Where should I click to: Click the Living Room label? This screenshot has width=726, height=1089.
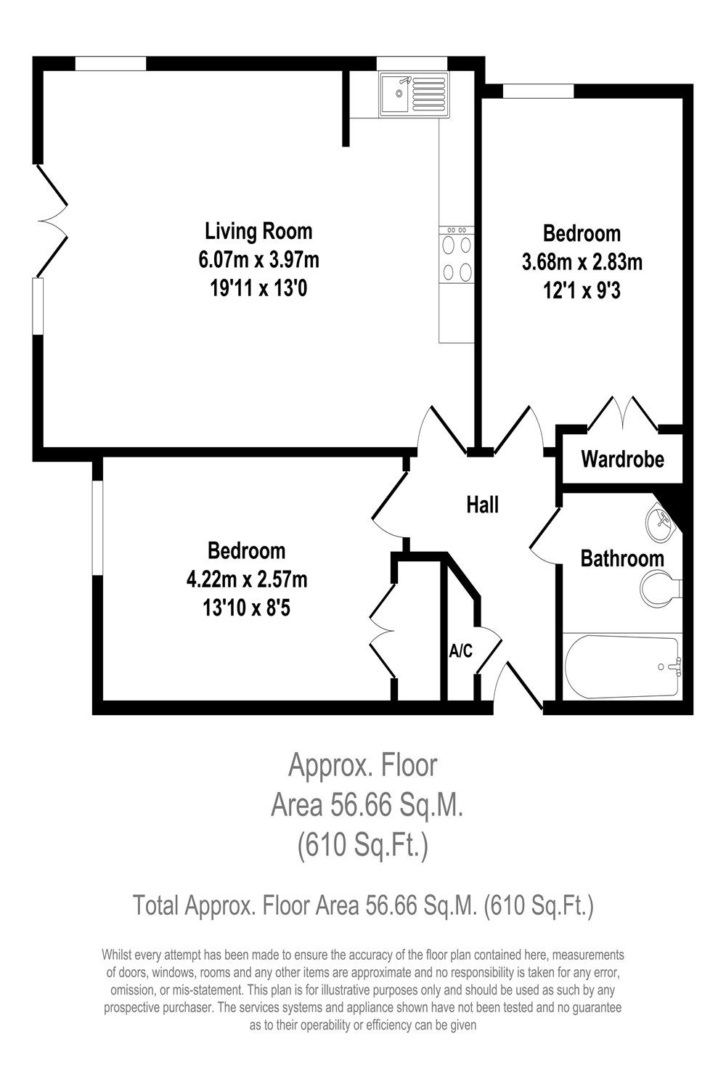click(258, 231)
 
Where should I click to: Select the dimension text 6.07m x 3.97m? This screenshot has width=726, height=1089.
click(258, 259)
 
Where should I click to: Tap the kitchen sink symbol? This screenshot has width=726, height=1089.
click(413, 94)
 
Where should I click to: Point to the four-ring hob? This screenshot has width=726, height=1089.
click(457, 254)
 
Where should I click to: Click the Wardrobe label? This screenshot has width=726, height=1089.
click(622, 460)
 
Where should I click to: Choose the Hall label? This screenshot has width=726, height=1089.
click(482, 504)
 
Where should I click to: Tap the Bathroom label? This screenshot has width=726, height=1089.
click(622, 558)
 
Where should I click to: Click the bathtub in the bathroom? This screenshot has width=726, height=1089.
click(622, 666)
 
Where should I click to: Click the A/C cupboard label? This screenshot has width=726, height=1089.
click(460, 651)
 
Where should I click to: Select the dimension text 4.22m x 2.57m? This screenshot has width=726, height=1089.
click(247, 579)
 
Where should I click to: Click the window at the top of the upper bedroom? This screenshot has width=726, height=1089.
click(538, 91)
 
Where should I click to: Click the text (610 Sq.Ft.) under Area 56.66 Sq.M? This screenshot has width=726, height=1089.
click(362, 847)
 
